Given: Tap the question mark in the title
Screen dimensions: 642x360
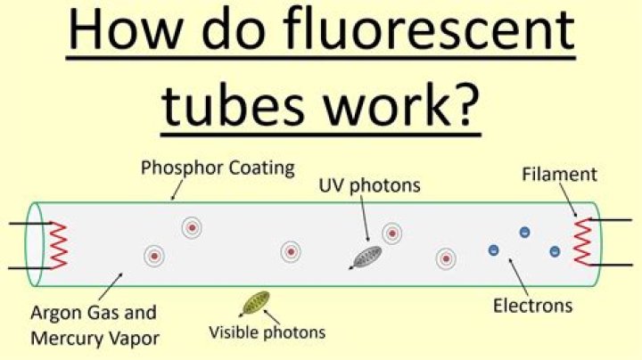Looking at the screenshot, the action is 465,104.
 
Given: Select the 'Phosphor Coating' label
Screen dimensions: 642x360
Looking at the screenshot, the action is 218,168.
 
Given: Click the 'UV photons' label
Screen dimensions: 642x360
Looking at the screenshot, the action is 369,185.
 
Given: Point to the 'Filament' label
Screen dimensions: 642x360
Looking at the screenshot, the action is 559,175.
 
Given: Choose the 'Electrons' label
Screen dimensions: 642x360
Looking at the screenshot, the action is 532,306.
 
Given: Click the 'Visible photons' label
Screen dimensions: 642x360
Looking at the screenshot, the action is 267,332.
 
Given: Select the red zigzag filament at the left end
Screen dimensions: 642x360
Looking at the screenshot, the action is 58,245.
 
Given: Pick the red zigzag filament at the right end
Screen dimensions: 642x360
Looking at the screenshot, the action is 583,242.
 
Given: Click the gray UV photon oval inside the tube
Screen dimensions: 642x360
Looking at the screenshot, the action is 367,257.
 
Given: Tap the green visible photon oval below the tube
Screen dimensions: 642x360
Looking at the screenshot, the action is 256,303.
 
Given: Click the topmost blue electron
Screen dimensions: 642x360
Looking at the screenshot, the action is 524,233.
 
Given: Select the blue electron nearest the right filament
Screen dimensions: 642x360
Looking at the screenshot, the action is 555,251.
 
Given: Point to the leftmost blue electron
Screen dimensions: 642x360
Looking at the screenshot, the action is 494,250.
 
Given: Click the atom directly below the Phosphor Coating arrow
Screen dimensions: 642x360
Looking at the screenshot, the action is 192,227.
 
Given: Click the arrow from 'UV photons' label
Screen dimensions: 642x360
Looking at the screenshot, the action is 365,218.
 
